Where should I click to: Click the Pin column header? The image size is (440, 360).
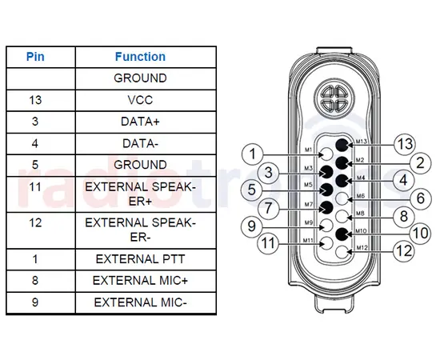[35, 57]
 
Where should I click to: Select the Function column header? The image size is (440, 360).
[140, 57]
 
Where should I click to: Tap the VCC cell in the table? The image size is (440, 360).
[140, 102]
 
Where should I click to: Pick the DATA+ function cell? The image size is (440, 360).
[140, 122]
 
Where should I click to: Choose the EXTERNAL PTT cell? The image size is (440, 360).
[140, 259]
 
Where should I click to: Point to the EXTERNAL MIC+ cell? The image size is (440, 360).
[140, 280]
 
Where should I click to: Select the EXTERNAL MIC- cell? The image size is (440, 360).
[140, 302]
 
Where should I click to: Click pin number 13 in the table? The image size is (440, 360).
[35, 102]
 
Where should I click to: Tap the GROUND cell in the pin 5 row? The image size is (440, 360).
[140, 164]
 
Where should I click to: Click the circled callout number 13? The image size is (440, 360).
[406, 144]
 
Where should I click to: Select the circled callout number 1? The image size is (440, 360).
[254, 153]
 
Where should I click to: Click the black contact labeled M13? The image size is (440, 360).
[342, 145]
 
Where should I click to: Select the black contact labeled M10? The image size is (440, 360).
[342, 234]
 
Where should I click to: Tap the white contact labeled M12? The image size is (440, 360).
[343, 252]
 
